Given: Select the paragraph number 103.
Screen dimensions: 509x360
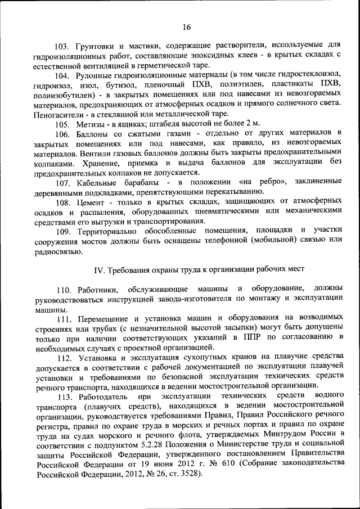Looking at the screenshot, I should [x=63, y=44].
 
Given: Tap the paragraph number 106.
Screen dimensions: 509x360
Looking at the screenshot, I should [x=63, y=133].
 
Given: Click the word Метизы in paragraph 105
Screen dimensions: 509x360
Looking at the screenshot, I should [x=87, y=123].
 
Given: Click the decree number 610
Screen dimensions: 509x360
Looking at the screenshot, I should [x=227, y=464].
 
